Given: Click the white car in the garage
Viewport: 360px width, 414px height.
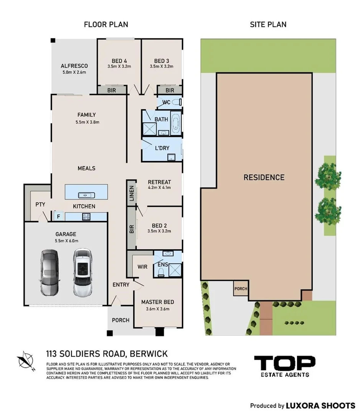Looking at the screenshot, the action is [x=83, y=272].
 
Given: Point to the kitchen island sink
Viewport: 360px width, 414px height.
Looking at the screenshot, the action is [x=86, y=195].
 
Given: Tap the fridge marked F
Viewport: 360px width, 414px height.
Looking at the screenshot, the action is [x=59, y=216].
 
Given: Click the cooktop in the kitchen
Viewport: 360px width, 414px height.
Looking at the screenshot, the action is [x=86, y=217].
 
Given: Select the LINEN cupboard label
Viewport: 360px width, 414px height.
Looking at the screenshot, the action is [x=132, y=193].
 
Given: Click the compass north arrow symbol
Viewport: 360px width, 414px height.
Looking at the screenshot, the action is [x=26, y=361].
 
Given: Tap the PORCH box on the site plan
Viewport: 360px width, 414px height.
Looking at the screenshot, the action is [x=241, y=289].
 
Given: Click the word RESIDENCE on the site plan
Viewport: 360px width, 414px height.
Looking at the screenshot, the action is [x=264, y=177].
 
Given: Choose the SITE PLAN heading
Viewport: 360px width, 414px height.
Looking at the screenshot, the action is [x=268, y=25].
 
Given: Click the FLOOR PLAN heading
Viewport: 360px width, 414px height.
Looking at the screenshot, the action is [x=106, y=25].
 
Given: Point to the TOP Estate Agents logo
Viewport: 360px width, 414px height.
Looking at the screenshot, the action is [x=285, y=366].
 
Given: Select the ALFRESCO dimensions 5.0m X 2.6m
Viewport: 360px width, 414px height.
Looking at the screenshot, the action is [x=74, y=72].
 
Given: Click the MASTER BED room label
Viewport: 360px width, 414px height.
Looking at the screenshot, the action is [x=157, y=302].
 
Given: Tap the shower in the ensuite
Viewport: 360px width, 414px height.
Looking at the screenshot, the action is [x=175, y=270].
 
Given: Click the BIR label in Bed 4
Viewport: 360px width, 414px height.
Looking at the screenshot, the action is [x=112, y=90].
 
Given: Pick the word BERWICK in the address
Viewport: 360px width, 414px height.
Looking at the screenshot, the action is [x=149, y=354].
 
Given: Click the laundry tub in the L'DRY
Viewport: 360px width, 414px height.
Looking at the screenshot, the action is [x=171, y=158].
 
